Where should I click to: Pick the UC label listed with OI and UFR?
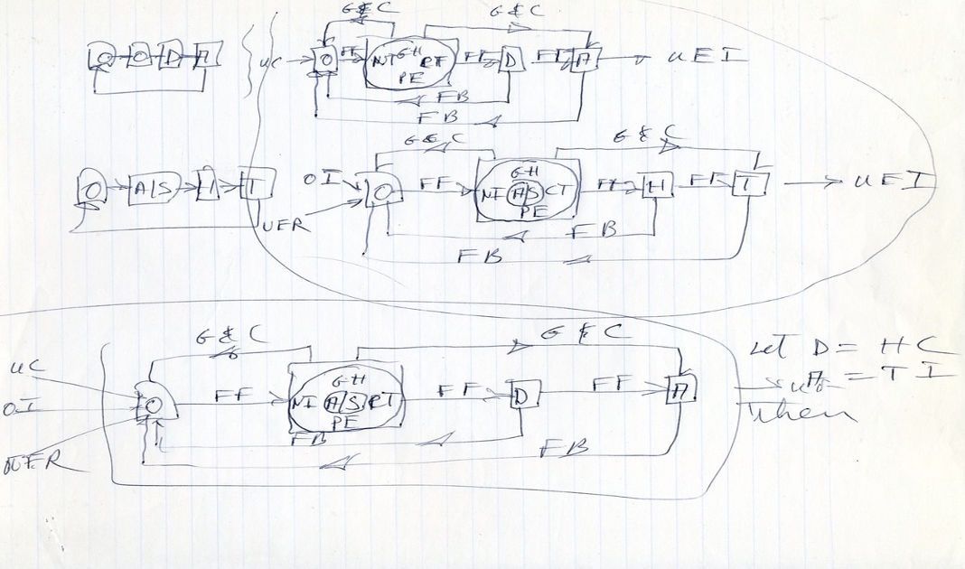point(23,369)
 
